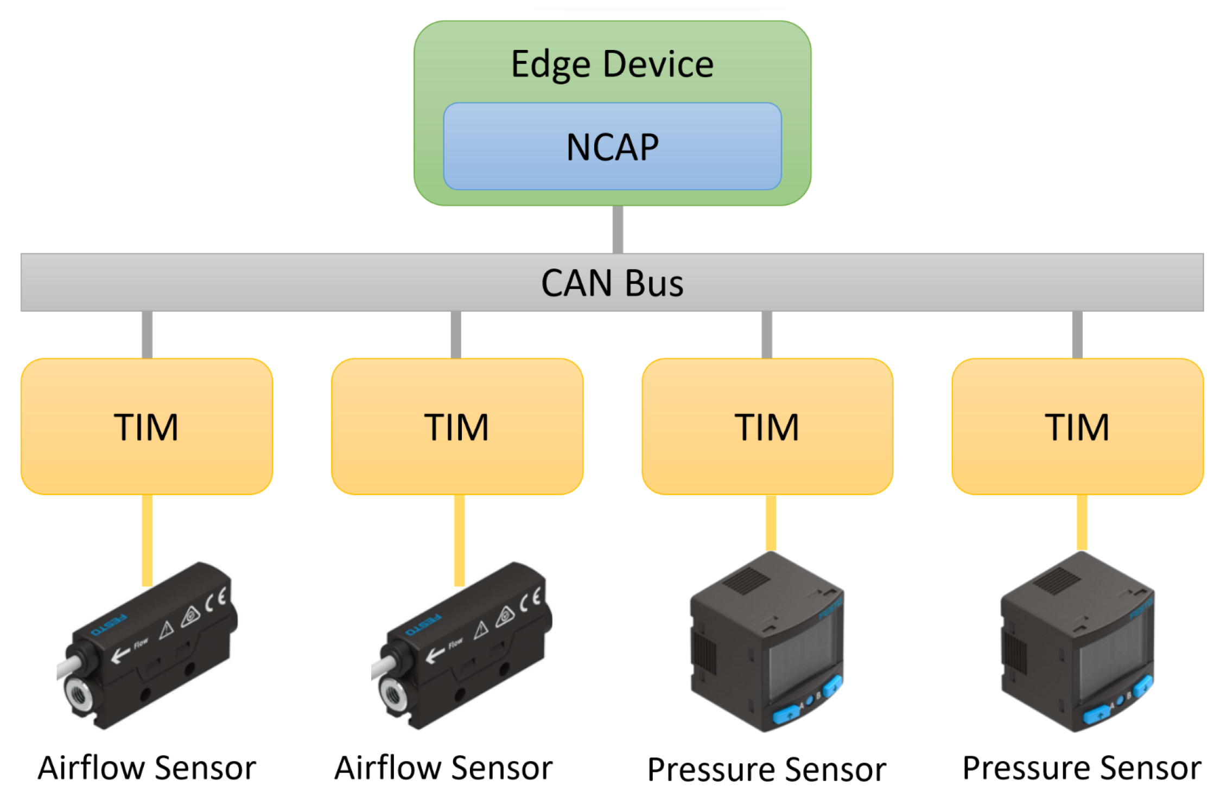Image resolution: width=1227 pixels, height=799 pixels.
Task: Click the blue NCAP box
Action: (612, 146)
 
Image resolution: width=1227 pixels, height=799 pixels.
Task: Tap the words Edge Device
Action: (612, 64)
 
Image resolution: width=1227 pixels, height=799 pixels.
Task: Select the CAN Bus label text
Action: (612, 283)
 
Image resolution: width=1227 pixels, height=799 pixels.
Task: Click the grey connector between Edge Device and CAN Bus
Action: (618, 229)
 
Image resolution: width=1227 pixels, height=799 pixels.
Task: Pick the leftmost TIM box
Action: (147, 426)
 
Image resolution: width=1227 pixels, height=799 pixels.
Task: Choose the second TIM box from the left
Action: (457, 426)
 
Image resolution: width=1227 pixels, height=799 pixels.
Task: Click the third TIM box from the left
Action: (767, 426)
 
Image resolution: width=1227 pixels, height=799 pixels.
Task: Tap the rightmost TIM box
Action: (1077, 426)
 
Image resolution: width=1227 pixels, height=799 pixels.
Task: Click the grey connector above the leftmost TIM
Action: (147, 334)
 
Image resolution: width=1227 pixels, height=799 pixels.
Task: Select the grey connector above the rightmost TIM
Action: (1077, 334)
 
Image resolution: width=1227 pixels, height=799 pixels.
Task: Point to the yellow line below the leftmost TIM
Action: (147, 540)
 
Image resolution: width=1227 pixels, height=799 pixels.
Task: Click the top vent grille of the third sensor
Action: (746, 581)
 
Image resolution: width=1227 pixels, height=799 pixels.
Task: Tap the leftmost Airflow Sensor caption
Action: (147, 768)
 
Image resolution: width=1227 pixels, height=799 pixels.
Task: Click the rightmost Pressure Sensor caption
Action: (1082, 768)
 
